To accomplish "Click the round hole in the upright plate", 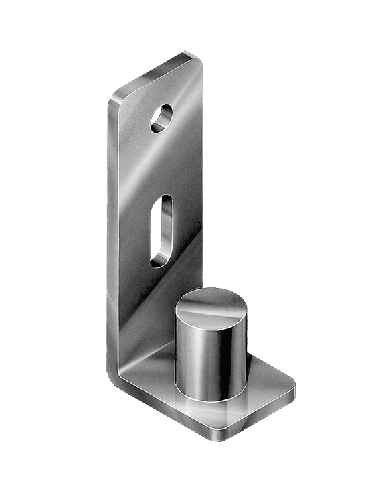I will [161, 118].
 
